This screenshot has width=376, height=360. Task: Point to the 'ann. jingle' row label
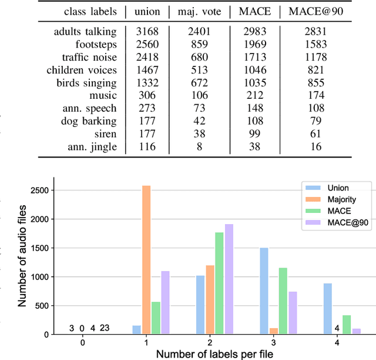[x=93, y=146]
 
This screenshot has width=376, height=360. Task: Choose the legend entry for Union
[x=331, y=188]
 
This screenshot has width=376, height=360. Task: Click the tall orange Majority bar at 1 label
[x=146, y=259]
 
